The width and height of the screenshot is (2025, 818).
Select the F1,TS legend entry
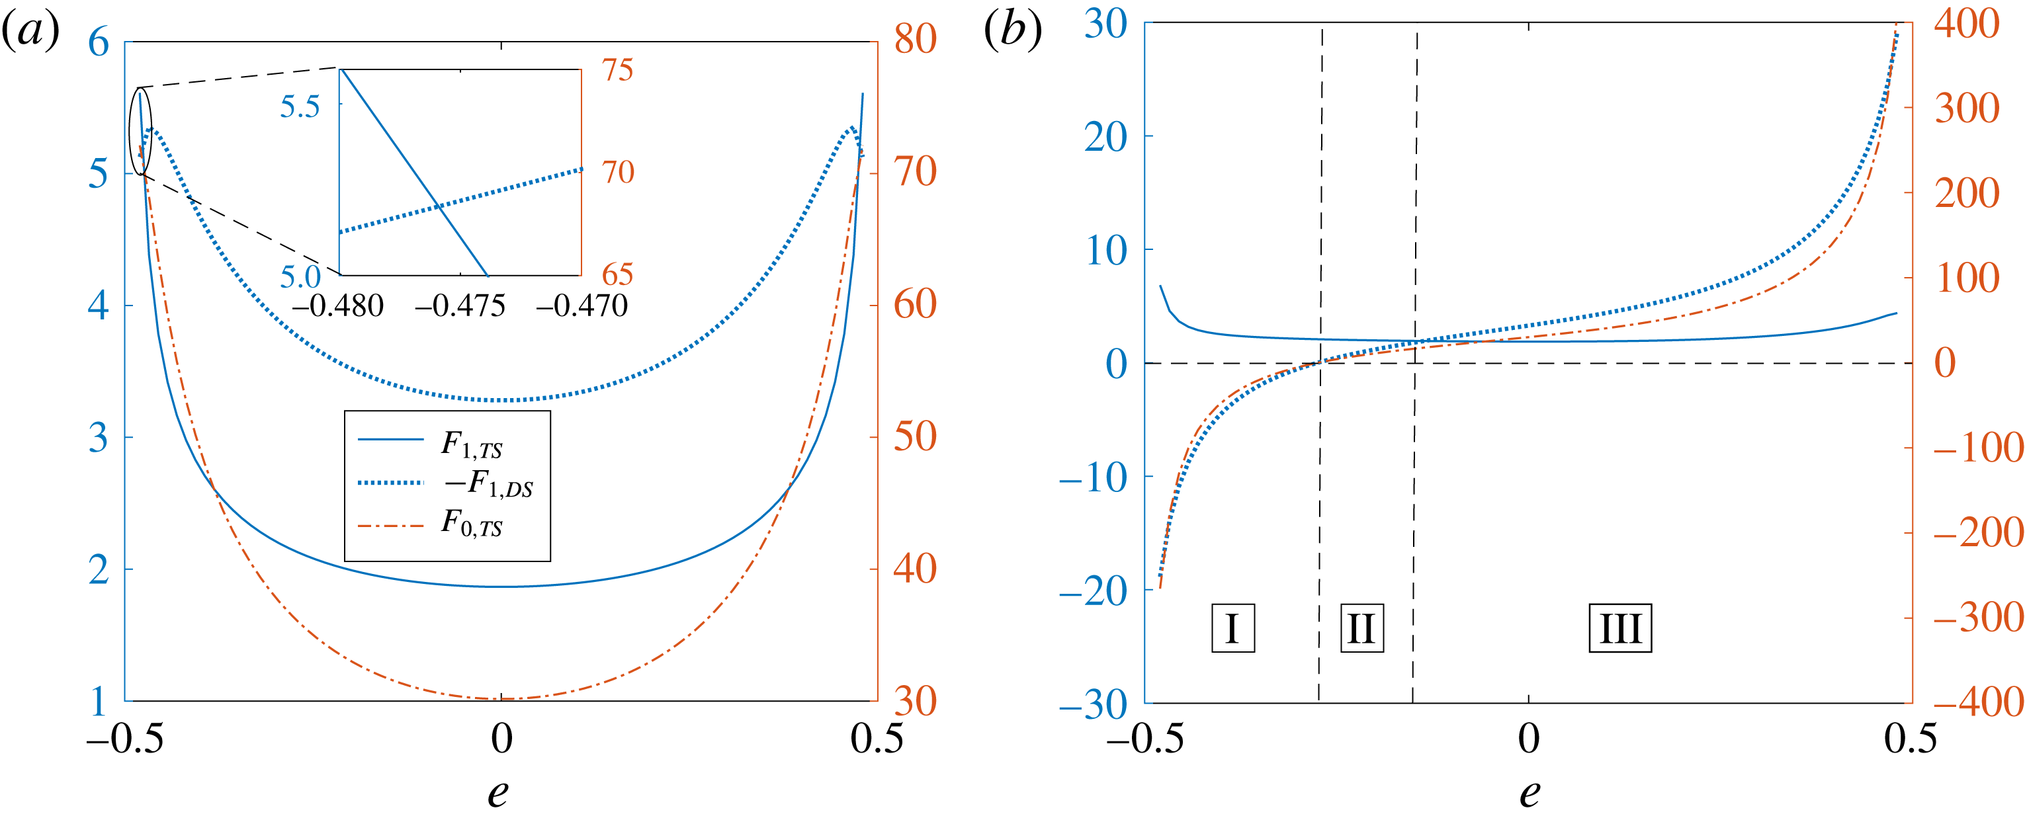pos(471,445)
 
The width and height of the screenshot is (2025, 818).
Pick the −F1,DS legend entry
pos(488,484)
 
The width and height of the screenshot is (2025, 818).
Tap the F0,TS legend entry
pos(471,522)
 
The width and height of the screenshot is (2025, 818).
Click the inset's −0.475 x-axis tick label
pos(460,306)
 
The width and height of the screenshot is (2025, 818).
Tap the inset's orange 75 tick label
pos(618,71)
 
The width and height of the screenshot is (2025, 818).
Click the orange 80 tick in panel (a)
pos(915,39)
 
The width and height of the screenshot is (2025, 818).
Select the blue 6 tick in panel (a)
pos(99,42)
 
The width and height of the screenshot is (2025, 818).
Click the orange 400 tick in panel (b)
pos(1967,24)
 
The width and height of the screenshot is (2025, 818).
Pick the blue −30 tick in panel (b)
pos(1094,704)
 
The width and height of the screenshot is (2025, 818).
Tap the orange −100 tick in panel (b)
pos(1978,448)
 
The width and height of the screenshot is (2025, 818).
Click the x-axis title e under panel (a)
pos(497,792)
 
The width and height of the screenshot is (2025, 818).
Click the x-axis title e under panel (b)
pos(1529,792)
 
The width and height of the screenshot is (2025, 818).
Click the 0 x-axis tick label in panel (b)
pos(1529,739)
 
